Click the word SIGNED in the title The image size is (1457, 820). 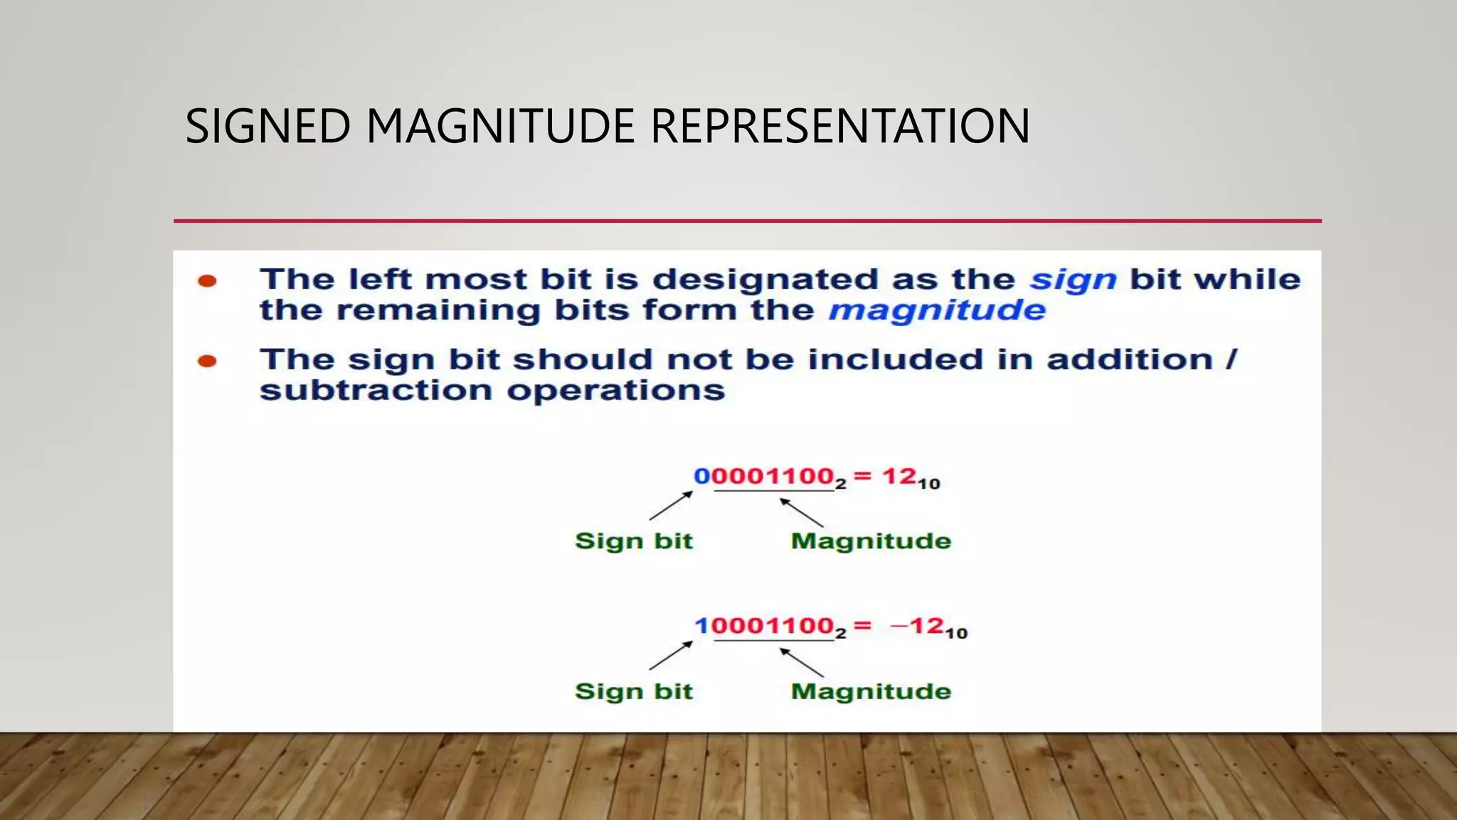267,127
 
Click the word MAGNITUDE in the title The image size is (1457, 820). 499,127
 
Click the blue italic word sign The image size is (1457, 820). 1073,280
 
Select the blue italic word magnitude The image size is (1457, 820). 937,311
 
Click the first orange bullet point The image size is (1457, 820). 207,281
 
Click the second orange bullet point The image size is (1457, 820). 207,362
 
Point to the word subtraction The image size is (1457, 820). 375,391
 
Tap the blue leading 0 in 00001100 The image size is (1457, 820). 701,476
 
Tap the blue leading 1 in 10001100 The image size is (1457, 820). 701,626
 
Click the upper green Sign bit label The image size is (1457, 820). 633,541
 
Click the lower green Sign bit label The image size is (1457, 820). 633,691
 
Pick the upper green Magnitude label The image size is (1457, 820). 871,541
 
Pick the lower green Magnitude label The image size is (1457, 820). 871,691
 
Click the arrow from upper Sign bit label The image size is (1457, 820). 670,505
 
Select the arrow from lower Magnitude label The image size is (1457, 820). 802,662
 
